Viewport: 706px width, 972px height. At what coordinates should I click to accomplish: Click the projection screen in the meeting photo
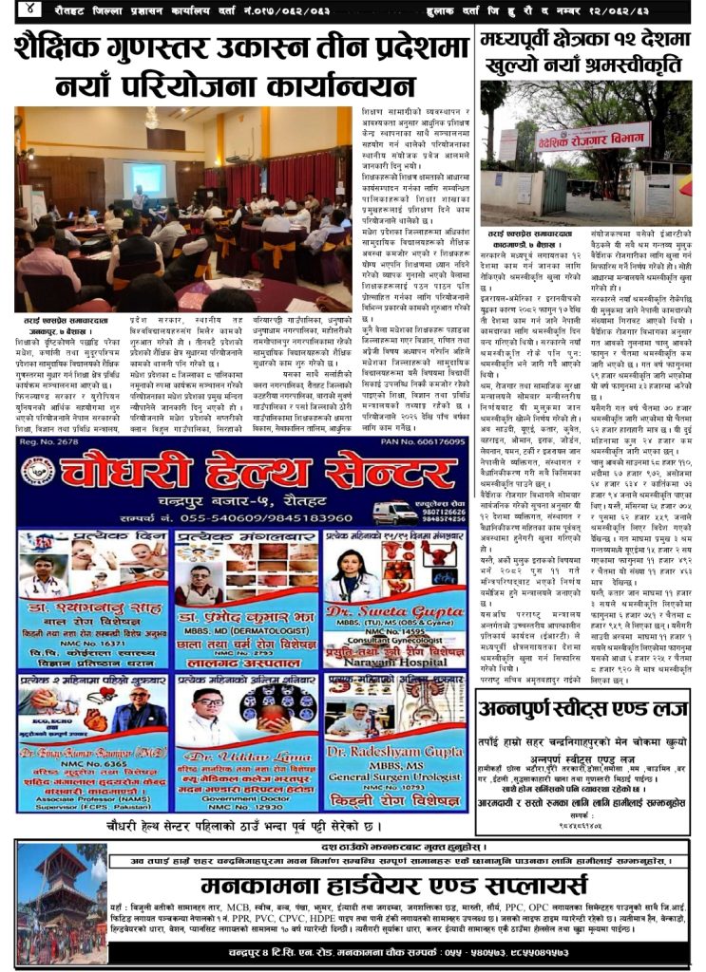point(144,178)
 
